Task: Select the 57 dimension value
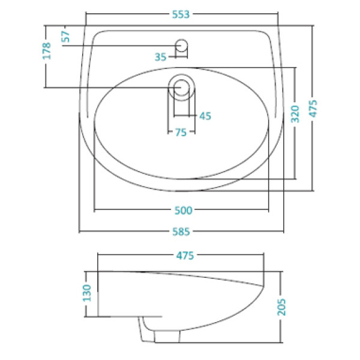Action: pyautogui.click(x=66, y=36)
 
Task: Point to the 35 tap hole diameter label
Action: pyautogui.click(x=160, y=57)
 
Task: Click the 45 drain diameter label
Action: pyautogui.click(x=205, y=116)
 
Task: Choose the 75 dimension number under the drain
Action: pyautogui.click(x=181, y=133)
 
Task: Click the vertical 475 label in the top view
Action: pyautogui.click(x=313, y=109)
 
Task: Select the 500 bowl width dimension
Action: pyautogui.click(x=182, y=210)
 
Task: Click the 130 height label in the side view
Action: pyautogui.click(x=88, y=293)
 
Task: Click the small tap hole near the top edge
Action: pyautogui.click(x=182, y=45)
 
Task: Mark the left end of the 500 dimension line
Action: pyautogui.click(x=94, y=210)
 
